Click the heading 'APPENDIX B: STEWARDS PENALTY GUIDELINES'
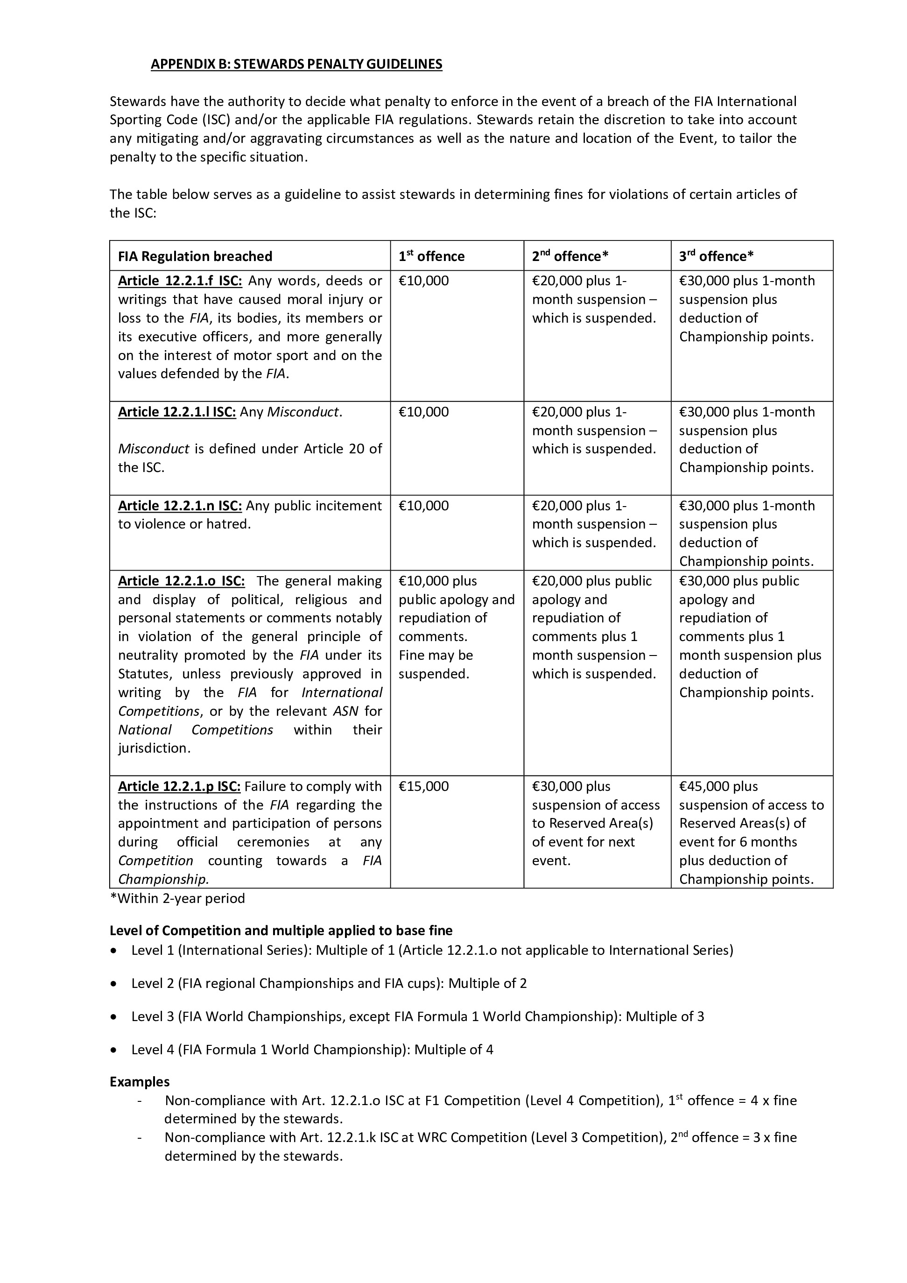[x=296, y=64]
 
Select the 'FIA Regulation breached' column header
[x=195, y=256]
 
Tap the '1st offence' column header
[x=431, y=256]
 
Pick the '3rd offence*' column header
[x=716, y=256]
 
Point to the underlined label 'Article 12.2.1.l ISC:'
[x=176, y=412]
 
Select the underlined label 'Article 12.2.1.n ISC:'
[x=179, y=506]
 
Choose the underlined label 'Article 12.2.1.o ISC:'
[x=181, y=581]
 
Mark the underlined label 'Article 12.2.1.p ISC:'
[x=179, y=786]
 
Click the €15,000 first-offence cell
[x=423, y=786]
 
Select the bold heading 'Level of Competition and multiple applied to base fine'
[x=281, y=931]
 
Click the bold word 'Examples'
[x=139, y=1082]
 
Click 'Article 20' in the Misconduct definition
[x=337, y=449]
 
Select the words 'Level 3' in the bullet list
[x=153, y=1016]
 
